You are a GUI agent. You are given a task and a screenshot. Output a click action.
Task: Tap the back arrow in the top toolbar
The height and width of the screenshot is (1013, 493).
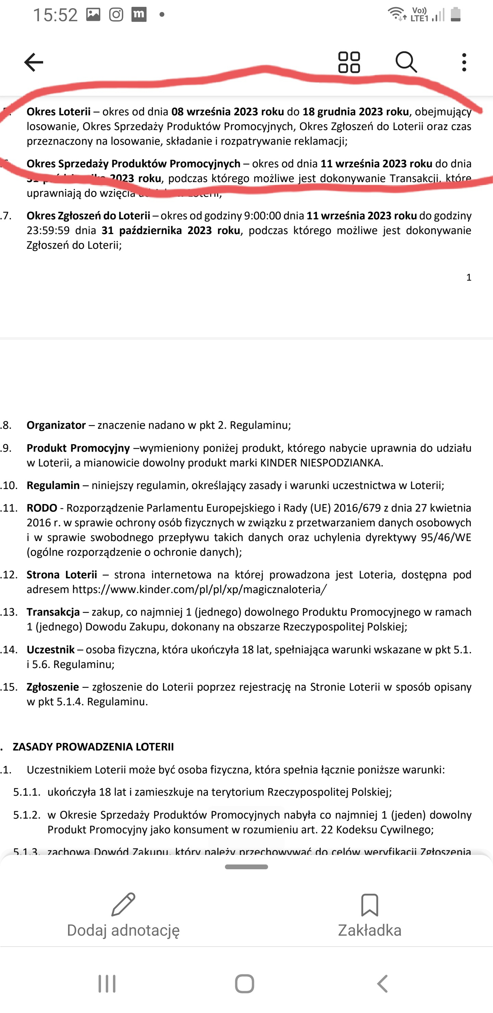34,62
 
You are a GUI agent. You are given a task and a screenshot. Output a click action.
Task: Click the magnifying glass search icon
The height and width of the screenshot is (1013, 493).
406,62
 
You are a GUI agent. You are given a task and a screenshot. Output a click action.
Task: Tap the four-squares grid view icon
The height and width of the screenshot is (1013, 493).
349,62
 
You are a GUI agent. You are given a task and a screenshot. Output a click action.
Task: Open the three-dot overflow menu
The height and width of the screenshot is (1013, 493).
464,62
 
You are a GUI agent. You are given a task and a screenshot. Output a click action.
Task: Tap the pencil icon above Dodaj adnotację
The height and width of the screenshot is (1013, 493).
123,905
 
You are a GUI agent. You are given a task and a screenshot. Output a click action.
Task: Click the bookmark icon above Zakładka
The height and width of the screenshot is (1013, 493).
369,905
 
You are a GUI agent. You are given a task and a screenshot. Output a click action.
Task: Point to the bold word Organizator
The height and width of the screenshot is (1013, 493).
56,425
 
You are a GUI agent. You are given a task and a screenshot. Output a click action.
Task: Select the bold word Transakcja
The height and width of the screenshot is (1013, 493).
53,612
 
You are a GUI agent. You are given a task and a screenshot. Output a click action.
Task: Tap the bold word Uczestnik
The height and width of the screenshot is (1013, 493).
51,649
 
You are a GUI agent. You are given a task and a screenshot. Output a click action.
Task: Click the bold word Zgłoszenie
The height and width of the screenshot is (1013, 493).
53,687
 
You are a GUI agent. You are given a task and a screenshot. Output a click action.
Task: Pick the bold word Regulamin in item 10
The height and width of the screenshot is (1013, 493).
53,485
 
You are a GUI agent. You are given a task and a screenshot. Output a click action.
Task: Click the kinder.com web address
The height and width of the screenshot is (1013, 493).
199,589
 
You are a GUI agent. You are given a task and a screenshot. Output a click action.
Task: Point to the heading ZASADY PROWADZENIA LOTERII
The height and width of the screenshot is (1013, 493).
93,747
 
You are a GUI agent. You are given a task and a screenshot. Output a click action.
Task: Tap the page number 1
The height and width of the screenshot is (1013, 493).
469,278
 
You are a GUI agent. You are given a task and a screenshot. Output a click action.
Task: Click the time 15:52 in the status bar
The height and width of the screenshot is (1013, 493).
55,15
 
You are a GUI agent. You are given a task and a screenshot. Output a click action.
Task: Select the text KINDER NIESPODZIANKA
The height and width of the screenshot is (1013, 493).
321,462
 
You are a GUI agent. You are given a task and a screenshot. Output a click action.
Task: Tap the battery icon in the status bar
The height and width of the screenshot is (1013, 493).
456,15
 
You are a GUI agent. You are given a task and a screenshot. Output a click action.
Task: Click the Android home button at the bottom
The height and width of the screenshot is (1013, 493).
244,984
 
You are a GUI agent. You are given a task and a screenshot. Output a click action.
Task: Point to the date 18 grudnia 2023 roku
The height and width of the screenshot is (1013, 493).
355,112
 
